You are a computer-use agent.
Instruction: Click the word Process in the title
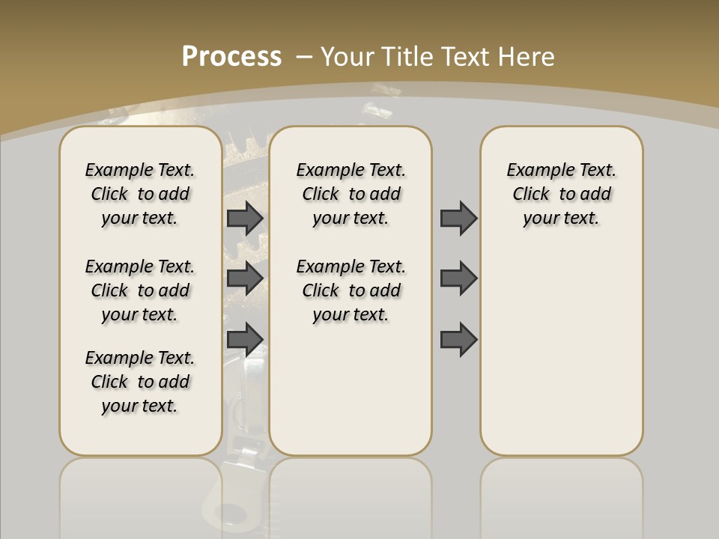[x=231, y=57]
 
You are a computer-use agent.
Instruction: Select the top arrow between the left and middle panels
[x=245, y=218]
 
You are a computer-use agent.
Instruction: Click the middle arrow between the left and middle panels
[x=245, y=278]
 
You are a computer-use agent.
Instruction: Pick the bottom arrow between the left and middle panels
[x=245, y=339]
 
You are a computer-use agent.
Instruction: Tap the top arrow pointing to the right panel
[x=458, y=218]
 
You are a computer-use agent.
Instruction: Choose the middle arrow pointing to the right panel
[x=458, y=278]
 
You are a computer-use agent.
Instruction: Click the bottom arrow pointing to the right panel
[x=458, y=339]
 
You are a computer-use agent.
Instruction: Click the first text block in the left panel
[x=140, y=194]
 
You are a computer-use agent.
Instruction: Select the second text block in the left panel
[x=140, y=290]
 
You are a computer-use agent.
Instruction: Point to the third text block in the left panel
[x=140, y=382]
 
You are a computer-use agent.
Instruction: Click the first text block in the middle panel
[x=351, y=194]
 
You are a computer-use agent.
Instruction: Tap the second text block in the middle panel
[x=351, y=290]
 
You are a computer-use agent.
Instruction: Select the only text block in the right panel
[x=561, y=194]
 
